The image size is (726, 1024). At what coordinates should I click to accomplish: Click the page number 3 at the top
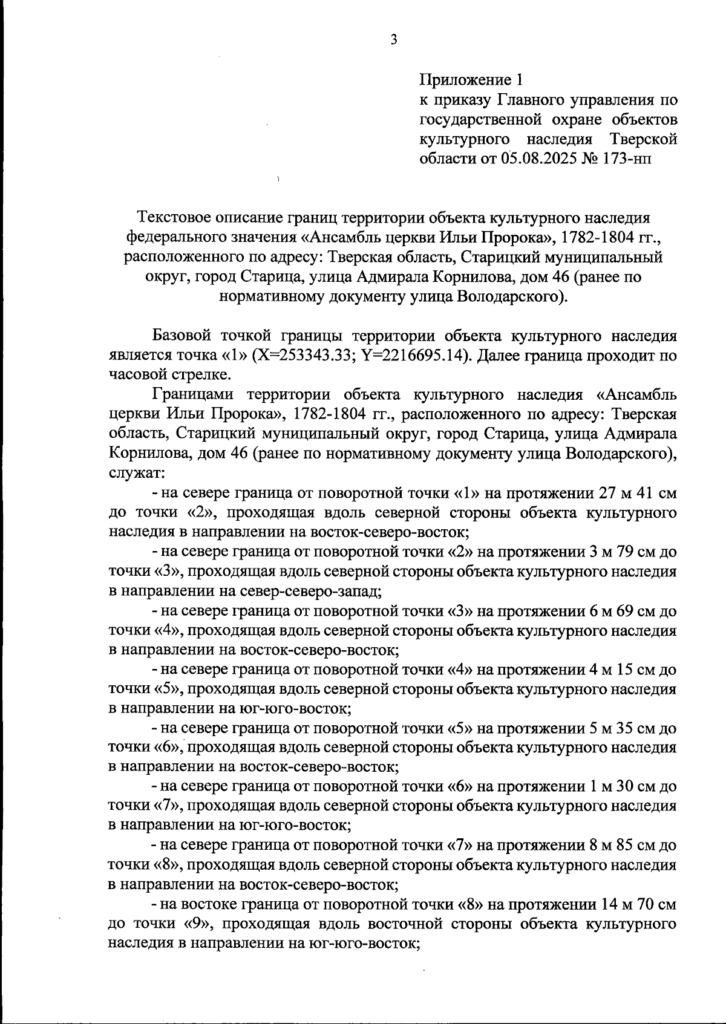[394, 39]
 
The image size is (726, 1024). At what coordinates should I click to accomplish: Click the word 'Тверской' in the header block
[643, 139]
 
